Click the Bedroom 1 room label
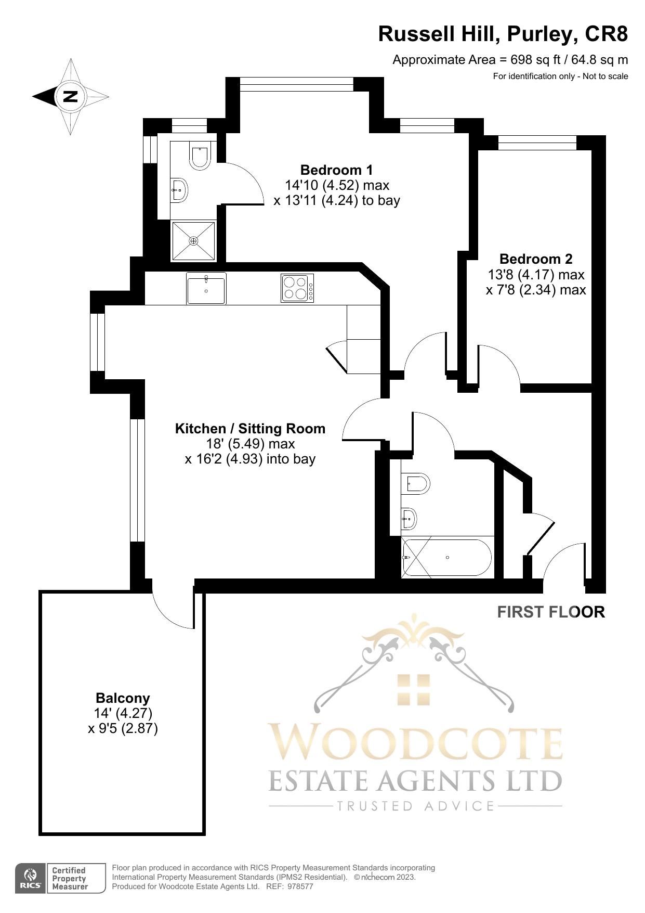click(x=336, y=170)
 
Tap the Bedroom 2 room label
click(x=535, y=259)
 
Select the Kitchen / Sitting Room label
click(x=250, y=429)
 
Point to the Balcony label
click(x=123, y=698)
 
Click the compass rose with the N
click(x=70, y=96)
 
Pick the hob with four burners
click(x=297, y=288)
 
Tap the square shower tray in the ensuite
click(x=193, y=240)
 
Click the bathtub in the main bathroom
click(x=446, y=558)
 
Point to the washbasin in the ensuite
click(x=179, y=190)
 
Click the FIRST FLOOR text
click(x=551, y=612)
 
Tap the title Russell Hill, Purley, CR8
click(x=503, y=34)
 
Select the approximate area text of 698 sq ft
click(x=510, y=60)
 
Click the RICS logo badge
click(x=31, y=879)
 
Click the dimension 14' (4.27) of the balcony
click(x=123, y=713)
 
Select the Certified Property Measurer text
click(x=69, y=879)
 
